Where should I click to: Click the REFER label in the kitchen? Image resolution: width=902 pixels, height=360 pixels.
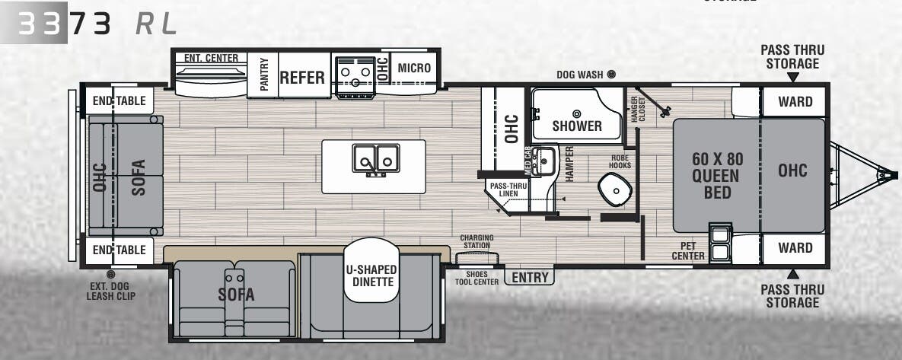(x=302, y=78)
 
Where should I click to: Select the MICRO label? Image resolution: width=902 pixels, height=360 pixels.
(x=414, y=68)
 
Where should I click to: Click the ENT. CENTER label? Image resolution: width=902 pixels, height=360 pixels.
(x=211, y=58)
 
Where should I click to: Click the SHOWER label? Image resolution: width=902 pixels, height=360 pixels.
(x=576, y=126)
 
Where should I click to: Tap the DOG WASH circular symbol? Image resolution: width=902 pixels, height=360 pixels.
(x=610, y=75)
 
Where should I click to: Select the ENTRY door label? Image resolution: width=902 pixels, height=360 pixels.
(x=530, y=277)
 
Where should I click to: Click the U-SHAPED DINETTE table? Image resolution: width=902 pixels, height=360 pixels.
(x=371, y=276)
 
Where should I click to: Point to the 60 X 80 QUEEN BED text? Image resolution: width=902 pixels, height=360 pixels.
(x=717, y=176)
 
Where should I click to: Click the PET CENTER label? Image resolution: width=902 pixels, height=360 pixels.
(x=688, y=250)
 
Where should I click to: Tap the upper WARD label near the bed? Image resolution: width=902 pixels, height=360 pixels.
(x=795, y=101)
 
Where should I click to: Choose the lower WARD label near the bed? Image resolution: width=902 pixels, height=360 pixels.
(x=795, y=248)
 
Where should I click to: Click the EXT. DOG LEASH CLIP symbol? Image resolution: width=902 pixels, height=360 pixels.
(x=111, y=273)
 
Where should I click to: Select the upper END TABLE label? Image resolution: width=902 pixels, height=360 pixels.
(x=119, y=101)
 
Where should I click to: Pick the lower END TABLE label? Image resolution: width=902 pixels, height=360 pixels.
(x=119, y=250)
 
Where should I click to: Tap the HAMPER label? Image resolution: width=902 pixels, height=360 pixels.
(x=569, y=163)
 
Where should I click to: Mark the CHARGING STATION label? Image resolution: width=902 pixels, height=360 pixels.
(x=476, y=241)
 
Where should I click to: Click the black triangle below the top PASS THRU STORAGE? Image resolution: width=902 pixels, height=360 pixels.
(x=792, y=78)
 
